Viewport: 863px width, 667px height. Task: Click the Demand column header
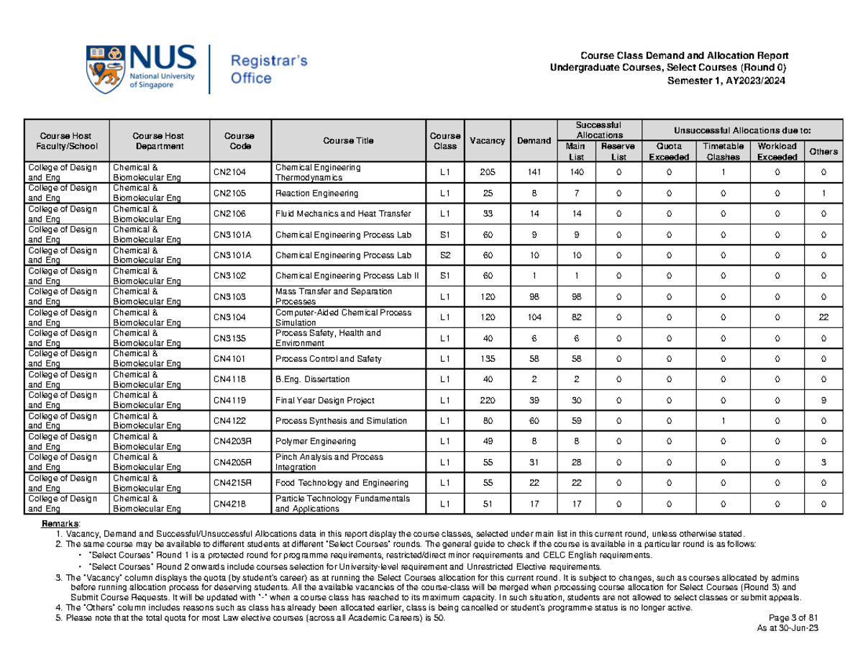click(x=533, y=140)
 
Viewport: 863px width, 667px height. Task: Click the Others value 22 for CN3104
click(x=823, y=317)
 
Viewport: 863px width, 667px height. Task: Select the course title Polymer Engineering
click(x=312, y=441)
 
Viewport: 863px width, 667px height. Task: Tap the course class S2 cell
click(x=445, y=255)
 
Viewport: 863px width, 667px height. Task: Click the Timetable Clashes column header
click(x=720, y=151)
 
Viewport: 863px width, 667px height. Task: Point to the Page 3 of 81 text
click(x=790, y=617)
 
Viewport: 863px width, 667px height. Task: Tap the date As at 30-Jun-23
click(x=790, y=627)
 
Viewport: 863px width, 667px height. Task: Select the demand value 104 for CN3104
click(x=533, y=317)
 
